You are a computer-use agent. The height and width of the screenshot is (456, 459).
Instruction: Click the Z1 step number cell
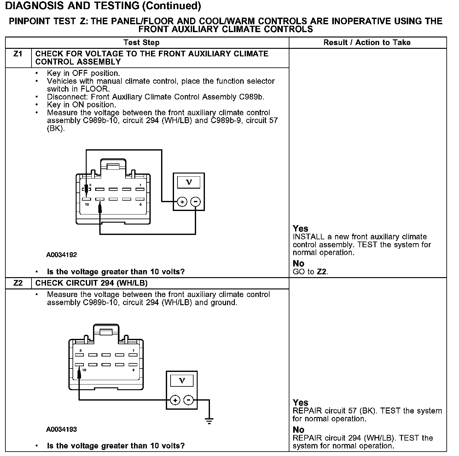(18, 54)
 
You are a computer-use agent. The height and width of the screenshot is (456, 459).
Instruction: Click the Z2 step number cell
(18, 283)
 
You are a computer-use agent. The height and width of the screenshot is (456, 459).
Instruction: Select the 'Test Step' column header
(142, 43)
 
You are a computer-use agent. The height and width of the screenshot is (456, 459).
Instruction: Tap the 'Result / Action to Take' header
(367, 43)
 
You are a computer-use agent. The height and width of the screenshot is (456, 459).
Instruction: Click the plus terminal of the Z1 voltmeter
(182, 202)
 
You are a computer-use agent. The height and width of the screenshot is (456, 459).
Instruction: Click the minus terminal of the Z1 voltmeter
(196, 202)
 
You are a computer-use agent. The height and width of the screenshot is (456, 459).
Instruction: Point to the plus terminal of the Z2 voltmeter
(175, 400)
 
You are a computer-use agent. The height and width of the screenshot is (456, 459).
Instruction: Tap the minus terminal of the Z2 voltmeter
(189, 400)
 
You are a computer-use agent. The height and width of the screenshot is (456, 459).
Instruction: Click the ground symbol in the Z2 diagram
(209, 421)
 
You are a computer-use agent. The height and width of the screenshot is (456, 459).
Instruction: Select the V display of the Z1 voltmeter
(189, 182)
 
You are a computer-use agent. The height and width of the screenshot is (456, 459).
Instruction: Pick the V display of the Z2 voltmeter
(182, 381)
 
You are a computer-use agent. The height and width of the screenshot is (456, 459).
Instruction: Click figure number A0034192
(61, 255)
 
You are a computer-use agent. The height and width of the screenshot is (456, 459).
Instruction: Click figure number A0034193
(61, 430)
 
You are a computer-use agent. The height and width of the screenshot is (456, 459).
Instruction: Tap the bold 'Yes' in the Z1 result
(300, 229)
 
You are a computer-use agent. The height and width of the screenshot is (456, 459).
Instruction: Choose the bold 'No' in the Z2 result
(298, 430)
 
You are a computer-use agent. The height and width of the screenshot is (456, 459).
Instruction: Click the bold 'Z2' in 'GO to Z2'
(322, 272)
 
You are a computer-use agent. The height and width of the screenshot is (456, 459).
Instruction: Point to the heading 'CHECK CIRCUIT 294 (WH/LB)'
(91, 283)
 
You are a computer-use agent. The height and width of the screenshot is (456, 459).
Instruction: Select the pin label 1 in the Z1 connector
(140, 185)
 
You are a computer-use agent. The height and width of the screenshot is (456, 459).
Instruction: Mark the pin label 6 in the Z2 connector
(133, 370)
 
